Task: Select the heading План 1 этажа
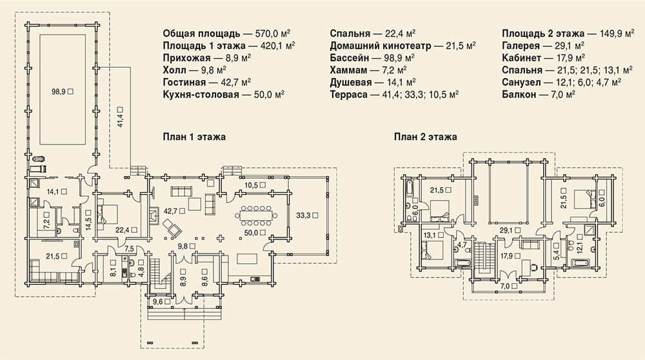[194, 137]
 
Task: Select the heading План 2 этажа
[425, 137]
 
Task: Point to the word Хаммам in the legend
[348, 70]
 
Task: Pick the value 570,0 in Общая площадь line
[268, 34]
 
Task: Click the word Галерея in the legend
[521, 46]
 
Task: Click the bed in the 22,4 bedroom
[107, 214]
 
